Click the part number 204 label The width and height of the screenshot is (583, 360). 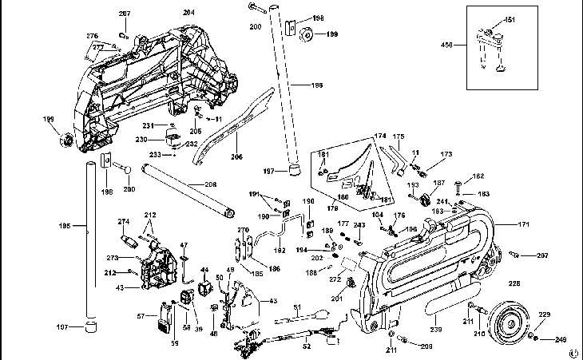coord(188,13)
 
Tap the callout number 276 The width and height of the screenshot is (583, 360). coord(92,36)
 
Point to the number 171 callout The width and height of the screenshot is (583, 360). coord(524,226)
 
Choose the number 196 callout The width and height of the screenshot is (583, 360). coord(317,84)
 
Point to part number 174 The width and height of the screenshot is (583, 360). coord(379,136)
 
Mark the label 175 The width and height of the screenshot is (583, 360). coord(399,136)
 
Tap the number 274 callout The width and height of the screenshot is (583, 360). coord(123,221)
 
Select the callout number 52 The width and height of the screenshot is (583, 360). coord(307,347)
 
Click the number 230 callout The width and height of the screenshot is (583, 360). coord(140,140)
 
